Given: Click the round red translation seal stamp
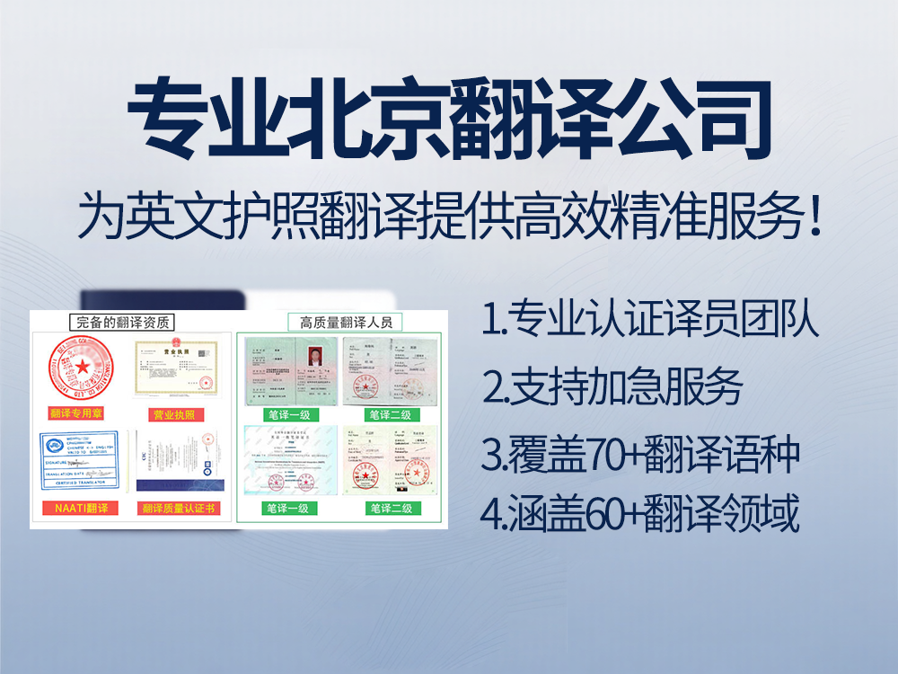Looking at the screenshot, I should [84, 368].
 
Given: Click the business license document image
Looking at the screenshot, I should [174, 368].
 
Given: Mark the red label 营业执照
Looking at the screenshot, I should [174, 414].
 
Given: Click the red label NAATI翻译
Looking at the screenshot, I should [80, 509].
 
